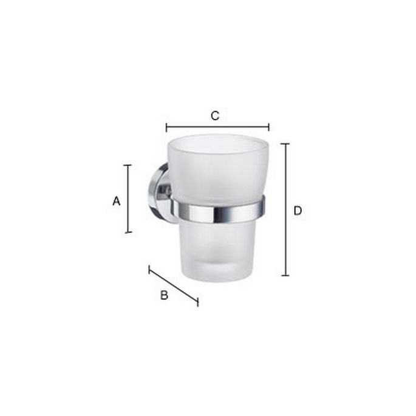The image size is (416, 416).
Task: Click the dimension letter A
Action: [117, 200]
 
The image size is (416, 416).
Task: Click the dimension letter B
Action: [163, 296]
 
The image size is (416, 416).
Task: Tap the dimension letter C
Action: [214, 115]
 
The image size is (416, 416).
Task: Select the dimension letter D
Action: [297, 211]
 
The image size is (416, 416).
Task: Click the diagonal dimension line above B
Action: [174, 285]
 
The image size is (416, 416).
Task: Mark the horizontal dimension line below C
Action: [217, 127]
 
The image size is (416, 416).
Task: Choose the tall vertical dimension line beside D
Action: [285, 210]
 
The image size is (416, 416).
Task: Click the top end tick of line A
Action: [128, 165]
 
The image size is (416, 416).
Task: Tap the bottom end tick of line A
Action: [128, 232]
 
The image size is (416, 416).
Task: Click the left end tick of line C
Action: [166, 127]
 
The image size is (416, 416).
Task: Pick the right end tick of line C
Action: [268, 127]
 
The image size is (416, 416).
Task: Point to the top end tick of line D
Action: [285, 144]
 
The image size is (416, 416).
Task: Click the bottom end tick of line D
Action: [285, 275]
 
